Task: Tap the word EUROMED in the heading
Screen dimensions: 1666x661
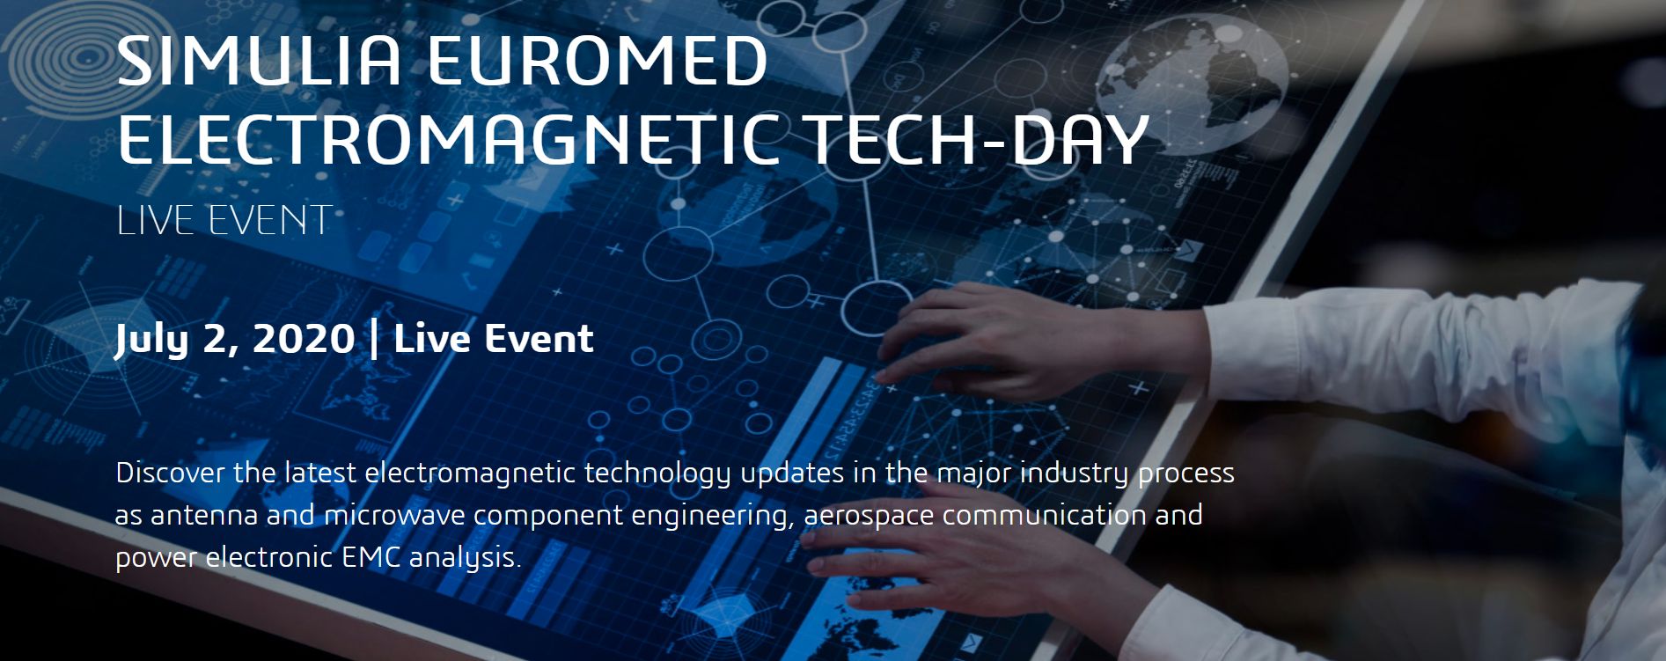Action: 598,61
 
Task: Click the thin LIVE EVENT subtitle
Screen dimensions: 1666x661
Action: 224,220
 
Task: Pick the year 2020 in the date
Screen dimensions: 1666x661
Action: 304,339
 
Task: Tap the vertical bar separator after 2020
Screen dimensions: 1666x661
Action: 376,340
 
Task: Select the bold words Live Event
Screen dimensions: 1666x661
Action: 494,339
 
